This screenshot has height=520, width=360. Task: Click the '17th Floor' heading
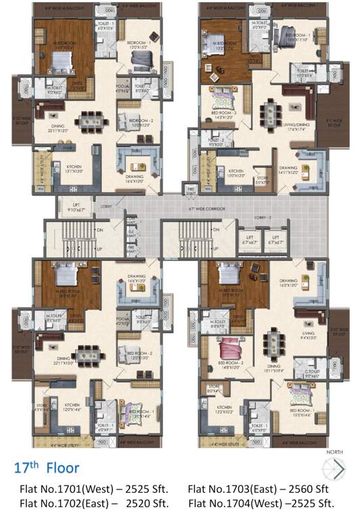point(47,467)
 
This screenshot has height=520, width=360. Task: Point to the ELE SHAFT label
point(131,237)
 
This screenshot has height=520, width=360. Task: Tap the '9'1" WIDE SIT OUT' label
point(333,123)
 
